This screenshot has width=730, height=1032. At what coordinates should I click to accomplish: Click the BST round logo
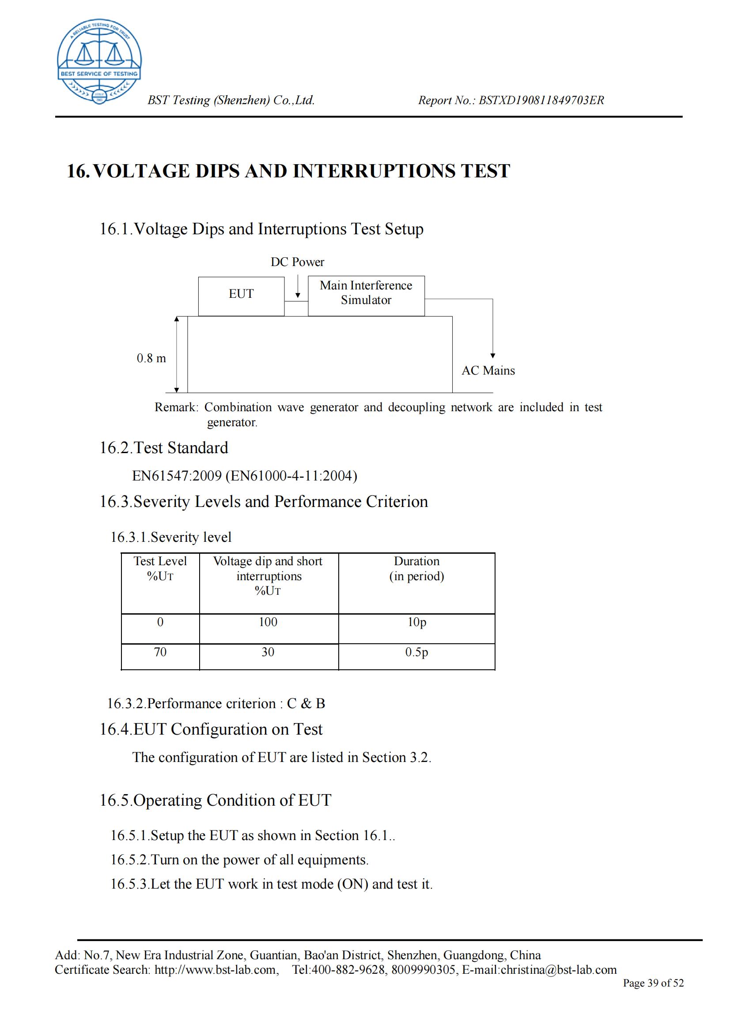coord(99,62)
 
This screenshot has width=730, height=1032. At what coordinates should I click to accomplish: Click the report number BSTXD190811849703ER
coord(541,100)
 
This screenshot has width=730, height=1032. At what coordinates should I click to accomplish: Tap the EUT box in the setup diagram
coord(241,295)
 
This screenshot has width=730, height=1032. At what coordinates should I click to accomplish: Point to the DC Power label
coord(297,262)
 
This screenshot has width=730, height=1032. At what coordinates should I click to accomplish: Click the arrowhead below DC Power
coord(298,295)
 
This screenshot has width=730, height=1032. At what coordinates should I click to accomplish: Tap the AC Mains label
coord(488,371)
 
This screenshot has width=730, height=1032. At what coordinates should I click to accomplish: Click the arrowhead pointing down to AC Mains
coord(492,356)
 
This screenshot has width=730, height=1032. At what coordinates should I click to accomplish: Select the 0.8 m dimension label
coord(151,358)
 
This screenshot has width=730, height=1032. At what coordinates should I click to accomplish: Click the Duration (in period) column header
coord(416,569)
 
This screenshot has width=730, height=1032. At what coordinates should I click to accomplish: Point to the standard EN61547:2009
coord(177,476)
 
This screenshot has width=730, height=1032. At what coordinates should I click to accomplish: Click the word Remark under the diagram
coord(176,408)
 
